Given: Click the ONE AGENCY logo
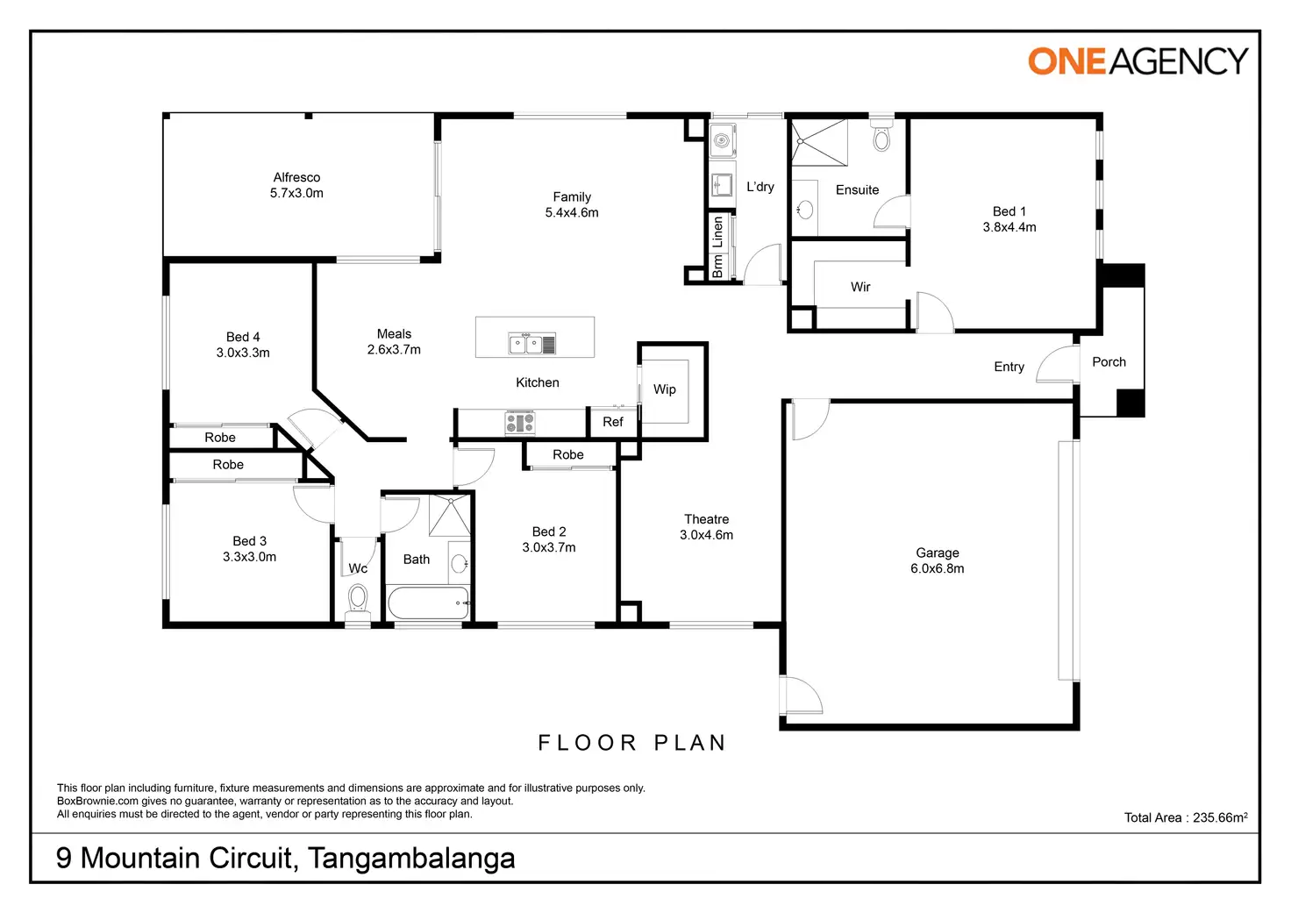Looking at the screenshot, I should [x=1138, y=61].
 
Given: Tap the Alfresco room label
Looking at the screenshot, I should [x=296, y=178].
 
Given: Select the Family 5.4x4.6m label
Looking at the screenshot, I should [x=572, y=205].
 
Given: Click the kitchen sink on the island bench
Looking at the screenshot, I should [x=531, y=344].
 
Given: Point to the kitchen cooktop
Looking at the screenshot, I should [x=519, y=424].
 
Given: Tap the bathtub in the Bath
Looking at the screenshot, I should [x=428, y=603].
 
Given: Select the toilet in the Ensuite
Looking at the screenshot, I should [x=881, y=137].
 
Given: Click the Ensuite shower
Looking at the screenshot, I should [x=820, y=143].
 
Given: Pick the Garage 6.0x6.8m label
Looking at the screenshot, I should [x=937, y=560].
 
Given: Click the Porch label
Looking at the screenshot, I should [x=1109, y=362].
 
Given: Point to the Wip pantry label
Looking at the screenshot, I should [x=665, y=389].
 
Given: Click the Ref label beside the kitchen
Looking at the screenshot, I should [x=613, y=423].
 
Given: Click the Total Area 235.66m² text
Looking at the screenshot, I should [x=1185, y=817].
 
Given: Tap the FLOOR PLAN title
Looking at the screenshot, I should [x=632, y=743].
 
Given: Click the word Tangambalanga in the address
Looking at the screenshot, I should [x=411, y=858].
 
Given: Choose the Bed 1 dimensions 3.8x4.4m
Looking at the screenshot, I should [x=1009, y=227].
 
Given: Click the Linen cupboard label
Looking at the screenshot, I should [x=717, y=232].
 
